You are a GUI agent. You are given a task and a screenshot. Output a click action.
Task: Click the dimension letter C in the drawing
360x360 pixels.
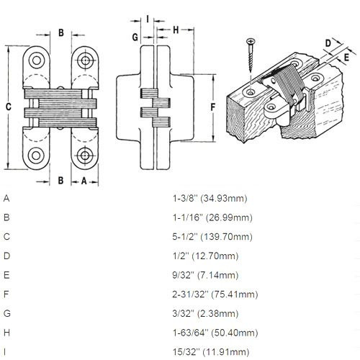click(x=8, y=106)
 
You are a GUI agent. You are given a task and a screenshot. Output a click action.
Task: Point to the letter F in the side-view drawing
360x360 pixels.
click(x=213, y=106)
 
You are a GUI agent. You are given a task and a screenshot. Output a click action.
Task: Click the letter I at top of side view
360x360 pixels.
click(x=147, y=19)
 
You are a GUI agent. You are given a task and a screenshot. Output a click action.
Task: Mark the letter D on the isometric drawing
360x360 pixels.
click(x=328, y=44)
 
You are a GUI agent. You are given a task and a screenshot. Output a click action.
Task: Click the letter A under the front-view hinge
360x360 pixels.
click(x=84, y=181)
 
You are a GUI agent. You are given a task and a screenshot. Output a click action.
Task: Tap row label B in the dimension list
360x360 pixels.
click(x=6, y=217)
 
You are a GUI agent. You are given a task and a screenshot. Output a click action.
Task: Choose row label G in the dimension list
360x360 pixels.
click(x=7, y=314)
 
